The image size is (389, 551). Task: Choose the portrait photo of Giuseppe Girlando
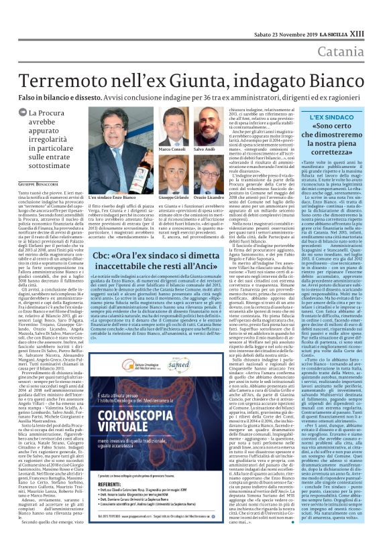tap(174, 177)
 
